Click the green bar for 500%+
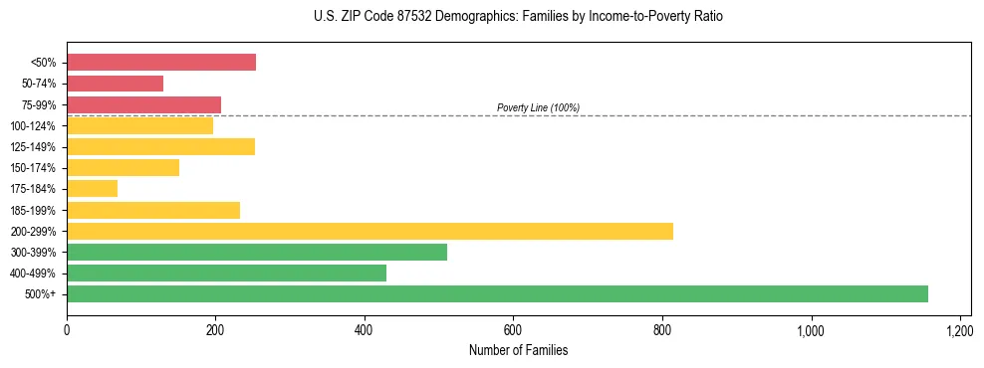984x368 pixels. pos(497,293)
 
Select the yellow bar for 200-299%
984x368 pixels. pos(369,231)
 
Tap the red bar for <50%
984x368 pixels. pos(161,62)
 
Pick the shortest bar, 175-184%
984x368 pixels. pos(92,188)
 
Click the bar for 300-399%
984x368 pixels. pos(257,252)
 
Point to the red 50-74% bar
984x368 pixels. pos(115,84)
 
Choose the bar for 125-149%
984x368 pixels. pos(160,146)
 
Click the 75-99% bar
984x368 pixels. pos(143,104)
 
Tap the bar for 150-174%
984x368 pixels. pos(123,167)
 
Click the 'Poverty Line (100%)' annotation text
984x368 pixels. pos(538,107)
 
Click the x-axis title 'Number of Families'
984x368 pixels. pos(518,350)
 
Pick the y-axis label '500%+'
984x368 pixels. pos(41,294)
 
